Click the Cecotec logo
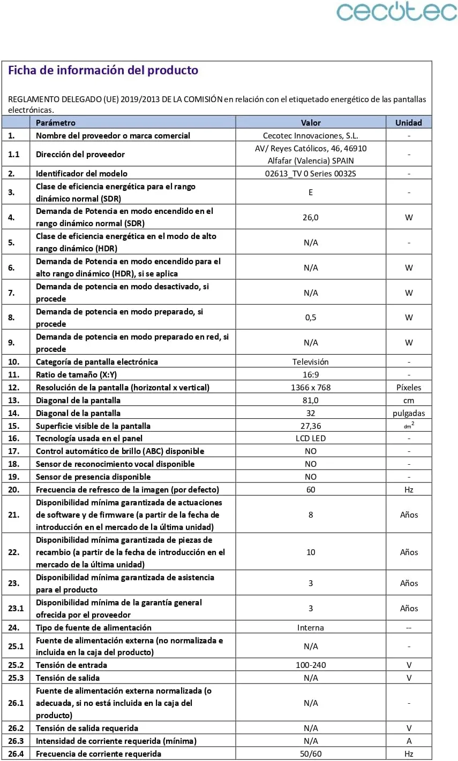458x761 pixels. coord(396,12)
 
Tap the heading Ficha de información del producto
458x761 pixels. coord(103,71)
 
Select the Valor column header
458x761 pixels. coord(311,122)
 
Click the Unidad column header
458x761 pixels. coord(409,122)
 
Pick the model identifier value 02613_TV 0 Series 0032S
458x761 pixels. coord(311,173)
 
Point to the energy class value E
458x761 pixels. coord(311,192)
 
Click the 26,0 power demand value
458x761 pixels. coord(311,217)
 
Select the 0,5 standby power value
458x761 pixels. coord(311,317)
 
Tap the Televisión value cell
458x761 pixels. coord(311,362)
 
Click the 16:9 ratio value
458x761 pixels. coord(311,374)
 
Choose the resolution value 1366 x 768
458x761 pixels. coord(311,387)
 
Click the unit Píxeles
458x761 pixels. coord(409,387)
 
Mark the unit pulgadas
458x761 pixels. coord(409,413)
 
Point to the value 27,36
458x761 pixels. coord(311,426)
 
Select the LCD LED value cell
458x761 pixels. coord(311,438)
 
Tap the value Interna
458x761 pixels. coord(311,627)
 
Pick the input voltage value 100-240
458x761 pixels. coord(311,665)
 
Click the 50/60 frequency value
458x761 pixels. coord(311,754)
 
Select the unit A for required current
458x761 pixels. coord(409,741)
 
